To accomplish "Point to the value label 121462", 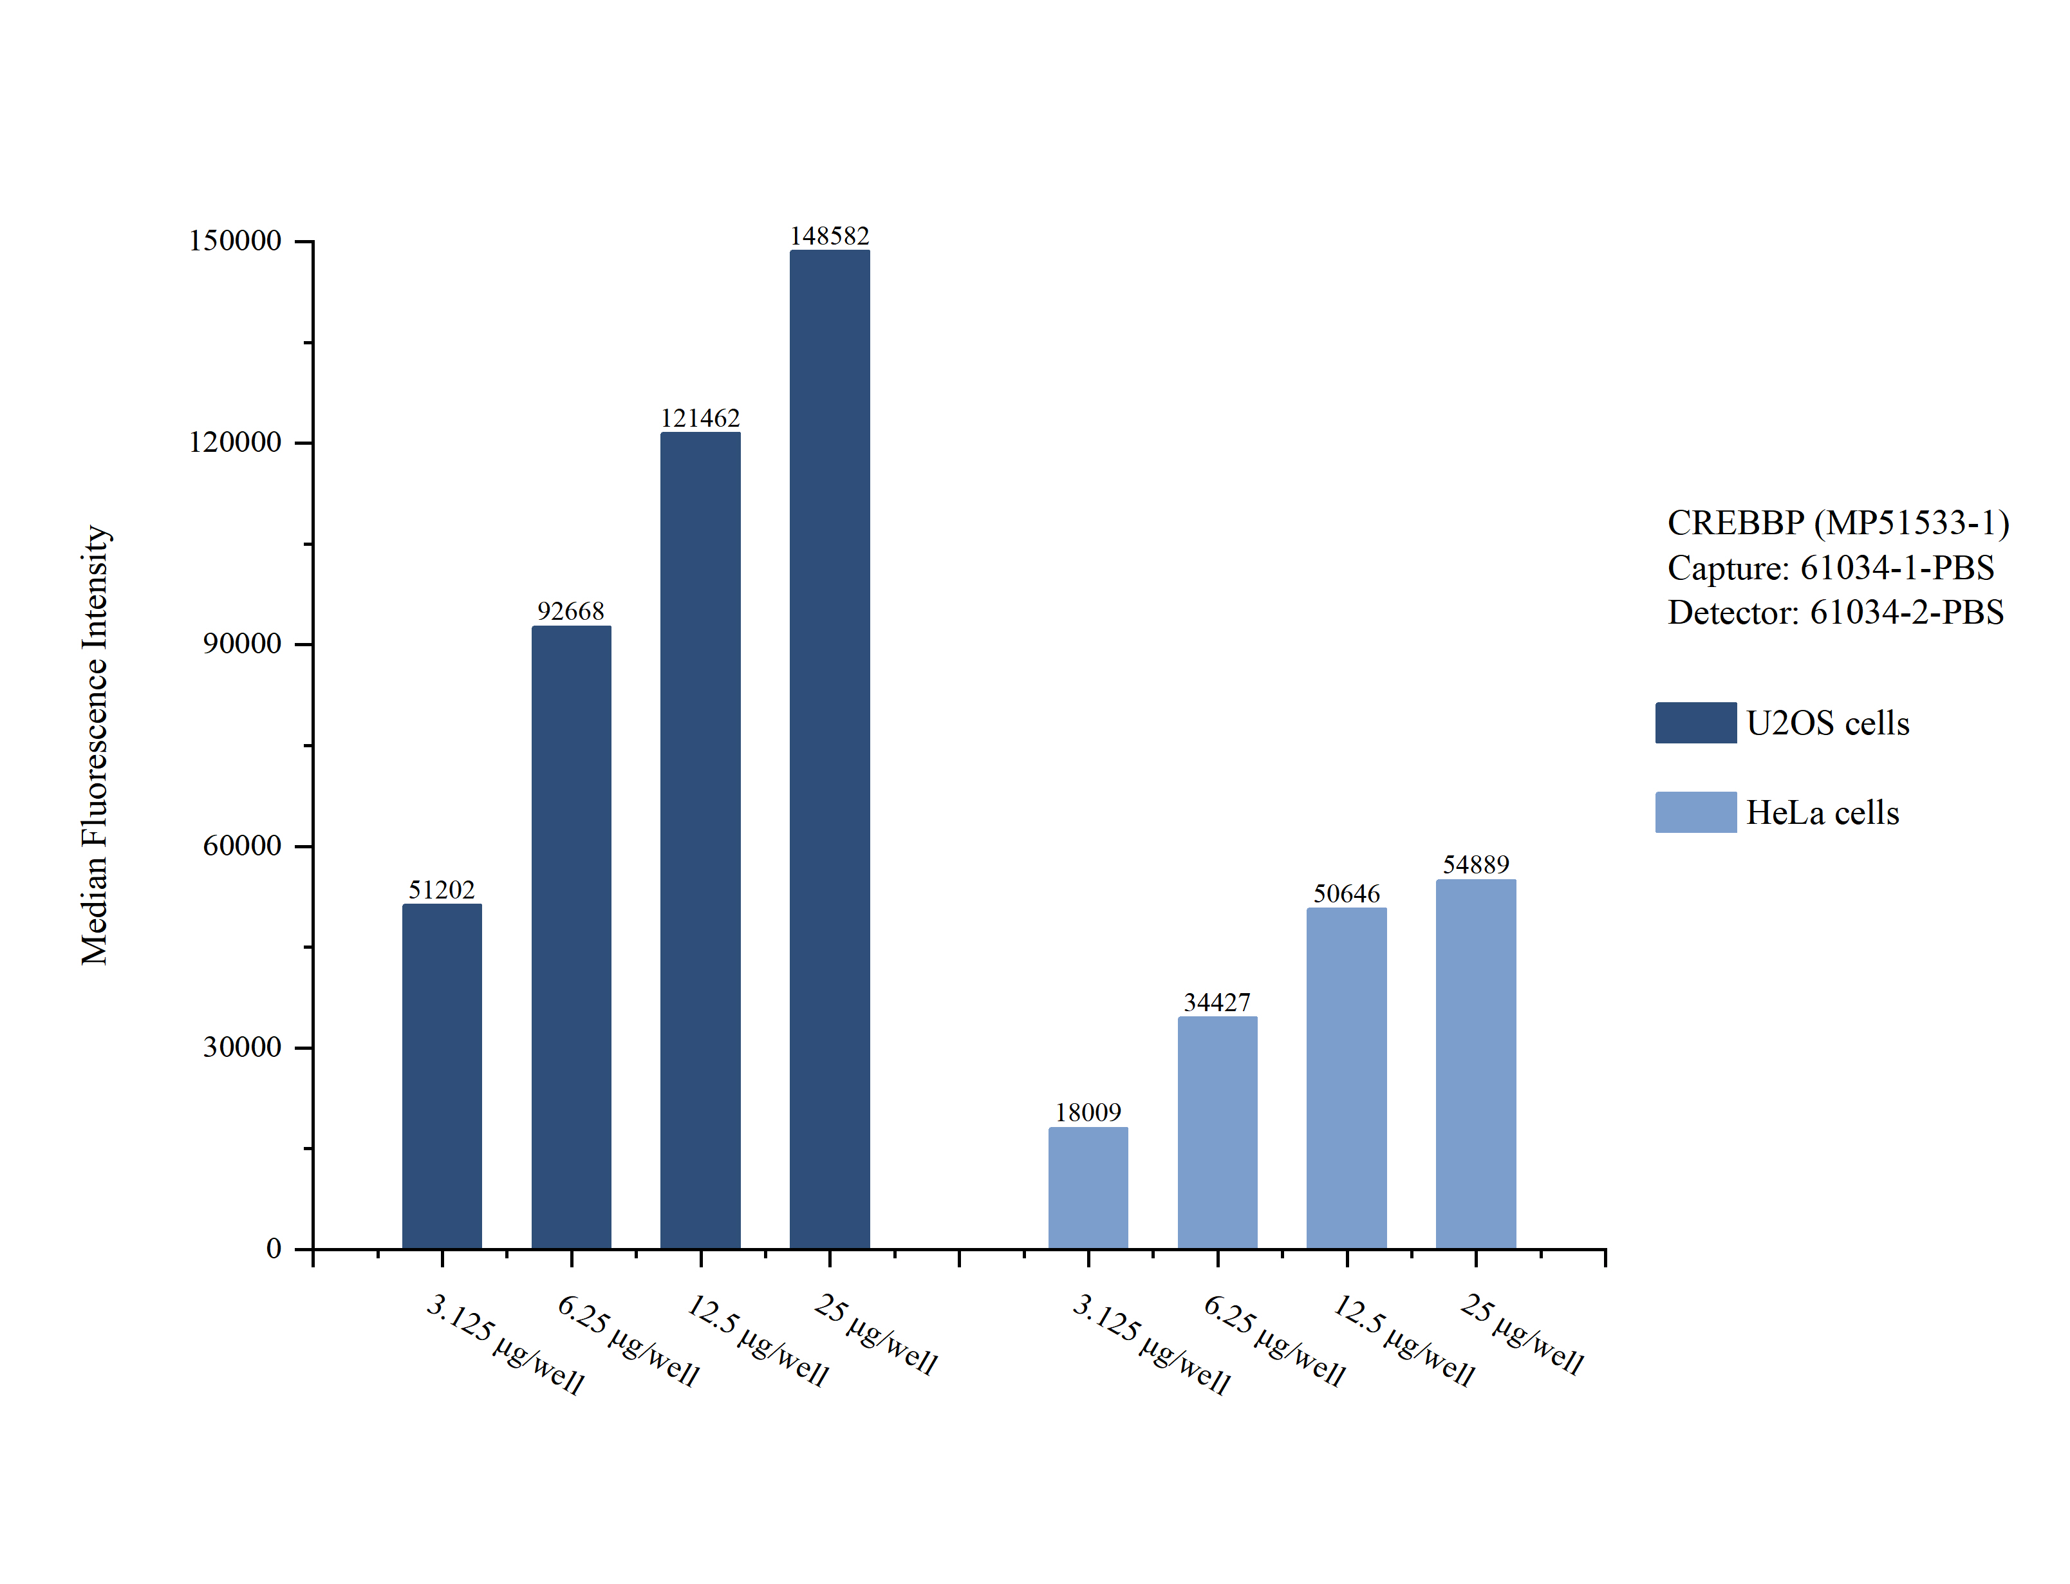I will tap(700, 418).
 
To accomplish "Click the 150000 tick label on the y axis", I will tap(235, 241).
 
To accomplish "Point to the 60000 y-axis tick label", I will tap(242, 846).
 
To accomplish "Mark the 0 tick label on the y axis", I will tap(274, 1249).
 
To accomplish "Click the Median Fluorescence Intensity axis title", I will tap(95, 745).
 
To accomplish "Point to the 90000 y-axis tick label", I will tap(242, 644).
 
